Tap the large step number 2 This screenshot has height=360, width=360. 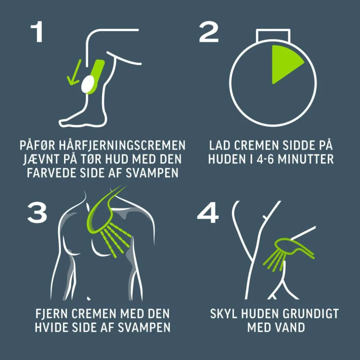[209, 32]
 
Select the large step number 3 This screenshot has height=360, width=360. [37, 213]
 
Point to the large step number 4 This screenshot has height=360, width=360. [208, 213]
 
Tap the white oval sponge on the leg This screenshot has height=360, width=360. [87, 84]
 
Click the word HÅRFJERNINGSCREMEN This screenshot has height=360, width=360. [122, 145]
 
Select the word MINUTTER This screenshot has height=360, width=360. [305, 159]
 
